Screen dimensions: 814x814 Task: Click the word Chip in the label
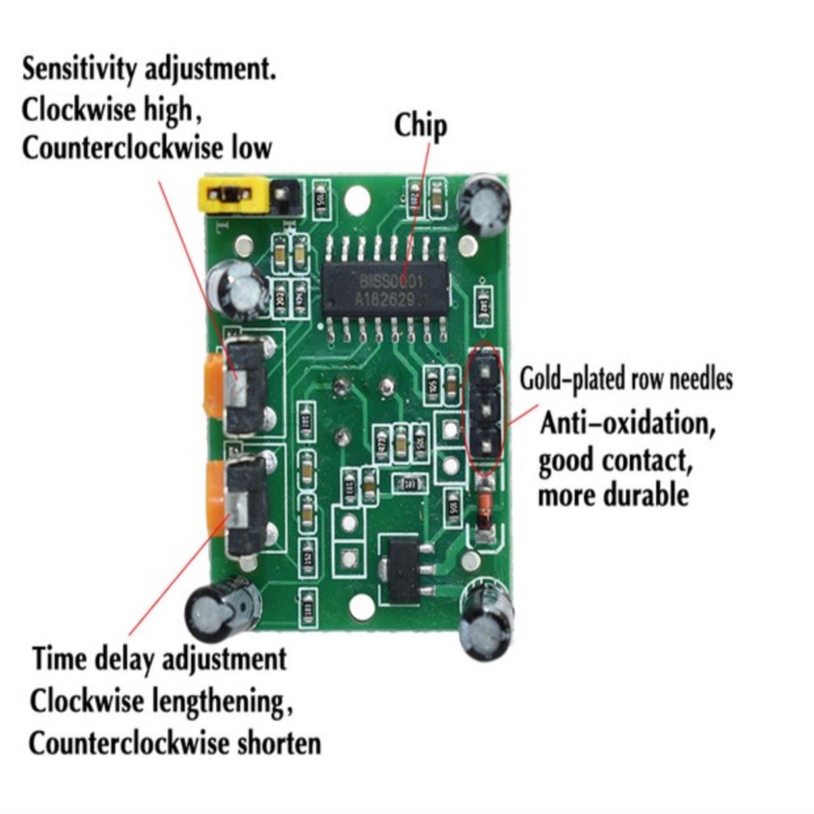tap(420, 126)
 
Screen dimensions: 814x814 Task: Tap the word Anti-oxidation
tap(627, 424)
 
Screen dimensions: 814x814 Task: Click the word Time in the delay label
tap(60, 659)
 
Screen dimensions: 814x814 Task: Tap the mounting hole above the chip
tap(357, 199)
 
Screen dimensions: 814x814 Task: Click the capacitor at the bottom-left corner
tap(220, 612)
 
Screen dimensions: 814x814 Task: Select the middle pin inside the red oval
tap(485, 410)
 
